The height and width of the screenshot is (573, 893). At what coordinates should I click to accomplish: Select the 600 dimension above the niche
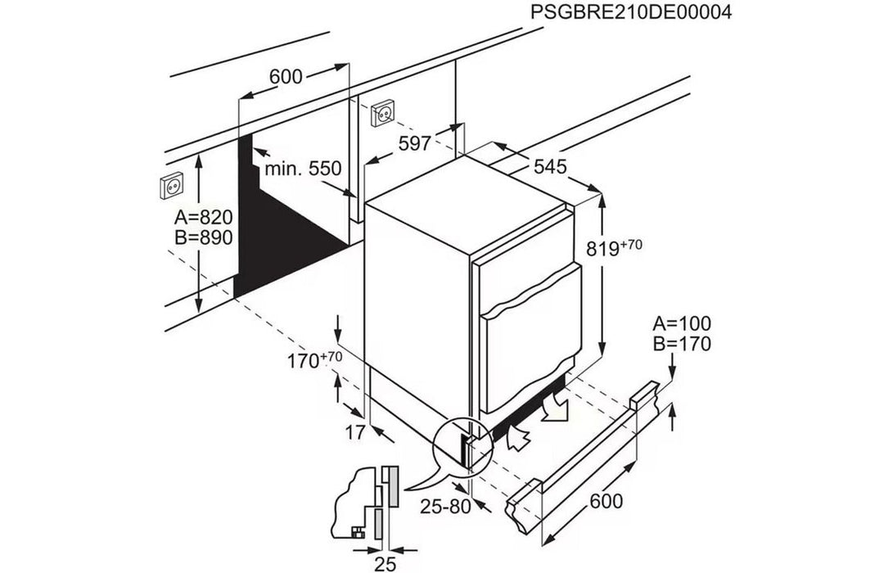tap(286, 77)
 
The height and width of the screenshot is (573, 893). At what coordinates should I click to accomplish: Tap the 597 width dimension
tap(415, 143)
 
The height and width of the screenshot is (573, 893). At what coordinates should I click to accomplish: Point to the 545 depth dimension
tap(550, 167)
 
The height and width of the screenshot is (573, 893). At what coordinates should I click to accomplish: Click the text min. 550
tap(302, 169)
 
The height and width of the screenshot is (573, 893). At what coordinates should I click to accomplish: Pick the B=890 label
tap(204, 237)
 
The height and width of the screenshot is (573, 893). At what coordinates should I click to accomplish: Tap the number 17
tap(354, 434)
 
